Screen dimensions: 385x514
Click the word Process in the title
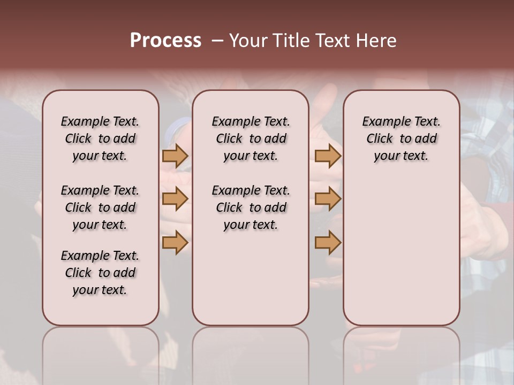click(165, 41)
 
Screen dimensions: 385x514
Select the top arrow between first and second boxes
click(175, 156)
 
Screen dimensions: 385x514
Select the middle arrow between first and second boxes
click(175, 199)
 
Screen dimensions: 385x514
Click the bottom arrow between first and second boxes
click(175, 242)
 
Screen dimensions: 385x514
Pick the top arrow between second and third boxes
click(328, 156)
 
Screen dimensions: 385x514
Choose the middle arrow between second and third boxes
click(328, 199)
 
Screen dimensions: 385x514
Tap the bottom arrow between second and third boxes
click(328, 242)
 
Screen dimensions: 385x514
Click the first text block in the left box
click(100, 138)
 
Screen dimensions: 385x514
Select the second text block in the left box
click(100, 207)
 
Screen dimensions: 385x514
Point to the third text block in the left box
click(100, 273)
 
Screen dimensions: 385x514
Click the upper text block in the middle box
click(251, 138)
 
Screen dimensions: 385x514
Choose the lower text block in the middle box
click(251, 207)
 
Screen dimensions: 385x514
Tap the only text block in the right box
click(401, 138)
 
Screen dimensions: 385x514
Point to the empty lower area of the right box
click(401, 246)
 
